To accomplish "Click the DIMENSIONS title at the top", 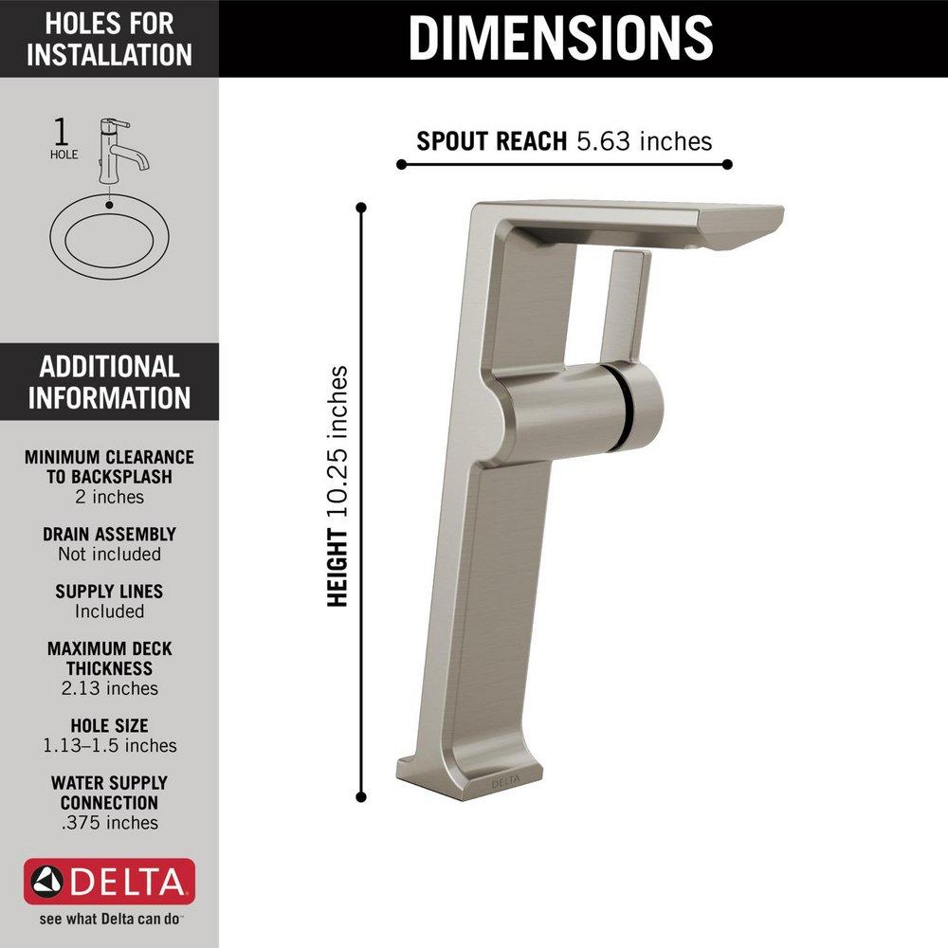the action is [560, 38].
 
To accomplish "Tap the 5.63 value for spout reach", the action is [603, 141].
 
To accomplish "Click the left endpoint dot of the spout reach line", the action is [401, 164].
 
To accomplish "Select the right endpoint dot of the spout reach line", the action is [727, 164].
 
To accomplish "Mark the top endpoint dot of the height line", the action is [361, 208].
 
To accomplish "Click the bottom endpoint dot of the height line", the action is [361, 797].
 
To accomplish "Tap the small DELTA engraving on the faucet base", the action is [505, 782].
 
